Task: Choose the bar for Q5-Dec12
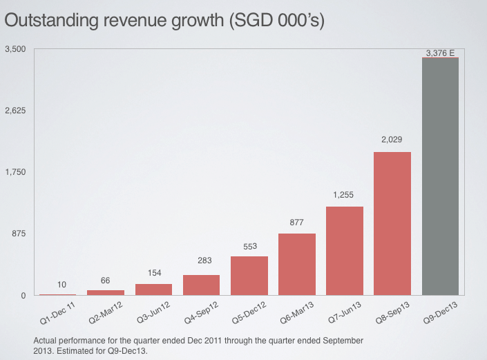point(249,276)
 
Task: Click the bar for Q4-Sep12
point(201,285)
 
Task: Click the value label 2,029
point(392,140)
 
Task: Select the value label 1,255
point(344,195)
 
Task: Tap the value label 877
point(297,222)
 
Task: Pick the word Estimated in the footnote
point(75,350)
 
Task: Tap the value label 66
point(106,281)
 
